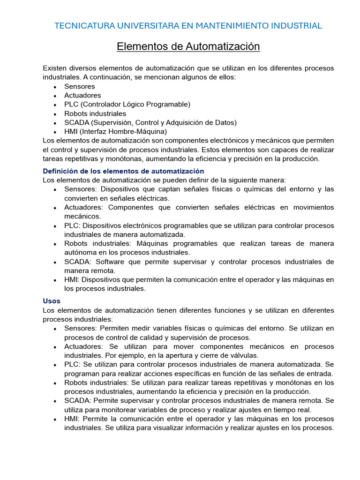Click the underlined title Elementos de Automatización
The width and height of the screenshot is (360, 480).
tap(188, 47)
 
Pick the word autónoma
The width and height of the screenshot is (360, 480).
tap(79, 252)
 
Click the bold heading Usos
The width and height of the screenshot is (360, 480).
tap(52, 301)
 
